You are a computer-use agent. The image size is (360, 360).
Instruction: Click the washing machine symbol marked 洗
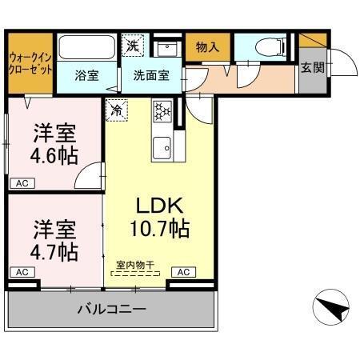(x=133, y=46)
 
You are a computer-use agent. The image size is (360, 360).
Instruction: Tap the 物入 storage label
(x=207, y=47)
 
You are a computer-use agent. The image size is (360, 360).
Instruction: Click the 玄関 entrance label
(x=311, y=68)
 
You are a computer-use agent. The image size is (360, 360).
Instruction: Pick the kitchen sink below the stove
(x=163, y=146)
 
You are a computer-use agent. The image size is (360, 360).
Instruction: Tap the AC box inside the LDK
(x=182, y=272)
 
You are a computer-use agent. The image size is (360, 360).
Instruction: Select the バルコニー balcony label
(x=111, y=308)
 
